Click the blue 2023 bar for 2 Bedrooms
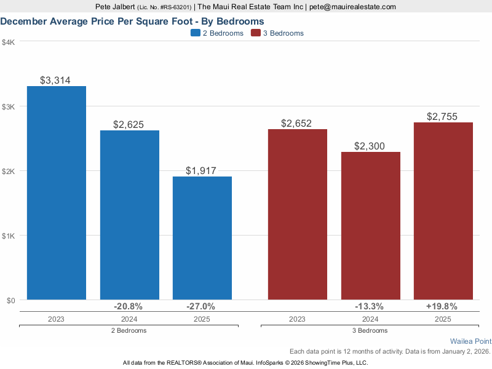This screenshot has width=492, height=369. [x=57, y=193]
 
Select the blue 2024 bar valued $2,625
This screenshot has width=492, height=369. [x=129, y=215]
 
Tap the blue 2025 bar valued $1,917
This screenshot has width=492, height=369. [x=202, y=238]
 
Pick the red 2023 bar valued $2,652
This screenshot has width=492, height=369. [x=296, y=215]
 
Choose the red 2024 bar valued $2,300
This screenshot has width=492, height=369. [x=370, y=226]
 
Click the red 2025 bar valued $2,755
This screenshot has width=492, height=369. [x=443, y=211]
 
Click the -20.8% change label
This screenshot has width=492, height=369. [x=129, y=306]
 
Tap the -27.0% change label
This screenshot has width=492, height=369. [x=201, y=306]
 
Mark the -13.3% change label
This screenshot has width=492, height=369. [x=370, y=306]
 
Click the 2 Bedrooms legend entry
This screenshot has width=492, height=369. [x=217, y=33]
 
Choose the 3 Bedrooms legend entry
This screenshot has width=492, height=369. [x=277, y=33]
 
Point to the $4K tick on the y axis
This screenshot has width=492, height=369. [x=9, y=42]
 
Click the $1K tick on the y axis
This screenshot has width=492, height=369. [x=9, y=236]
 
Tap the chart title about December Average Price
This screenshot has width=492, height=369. [x=132, y=22]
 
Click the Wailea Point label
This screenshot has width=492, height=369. [x=470, y=341]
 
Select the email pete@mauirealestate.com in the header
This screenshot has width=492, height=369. [x=352, y=7]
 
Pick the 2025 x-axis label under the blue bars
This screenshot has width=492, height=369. [x=202, y=319]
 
